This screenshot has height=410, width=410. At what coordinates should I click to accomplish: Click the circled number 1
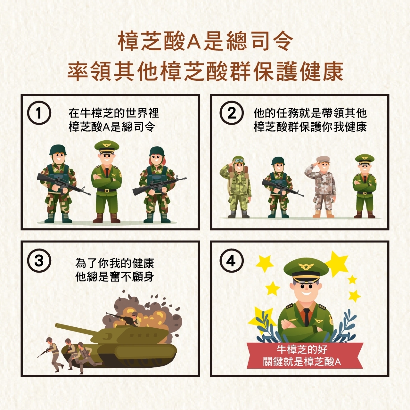(x=39, y=113)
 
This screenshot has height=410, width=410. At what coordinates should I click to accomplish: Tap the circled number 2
(x=232, y=113)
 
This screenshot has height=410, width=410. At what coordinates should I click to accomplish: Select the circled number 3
(x=39, y=260)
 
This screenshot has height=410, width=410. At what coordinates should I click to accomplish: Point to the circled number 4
(x=232, y=260)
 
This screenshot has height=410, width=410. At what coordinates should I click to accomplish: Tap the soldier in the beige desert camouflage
(x=321, y=187)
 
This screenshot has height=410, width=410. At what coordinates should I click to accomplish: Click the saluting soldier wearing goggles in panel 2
(x=236, y=187)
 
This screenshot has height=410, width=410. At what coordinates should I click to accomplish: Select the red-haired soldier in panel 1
(x=158, y=184)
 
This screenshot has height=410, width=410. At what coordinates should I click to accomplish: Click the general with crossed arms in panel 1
(x=107, y=182)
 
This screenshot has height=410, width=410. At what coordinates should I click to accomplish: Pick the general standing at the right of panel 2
(x=365, y=186)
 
